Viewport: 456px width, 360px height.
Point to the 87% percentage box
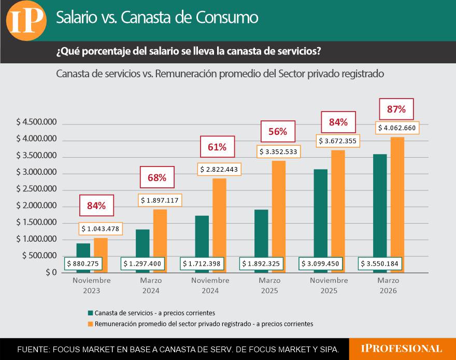tap(396, 109)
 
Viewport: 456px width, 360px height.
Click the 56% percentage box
tap(278, 132)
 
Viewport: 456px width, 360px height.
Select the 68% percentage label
tap(156, 178)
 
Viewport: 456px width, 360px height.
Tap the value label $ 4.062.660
tap(396, 128)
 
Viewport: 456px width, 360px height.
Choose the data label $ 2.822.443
tap(219, 169)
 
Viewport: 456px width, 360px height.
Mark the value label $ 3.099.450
tap(321, 264)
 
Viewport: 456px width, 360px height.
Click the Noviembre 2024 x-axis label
tap(210, 285)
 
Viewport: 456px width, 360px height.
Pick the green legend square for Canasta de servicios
tap(90, 313)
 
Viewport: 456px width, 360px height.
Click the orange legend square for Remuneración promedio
tap(90, 324)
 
